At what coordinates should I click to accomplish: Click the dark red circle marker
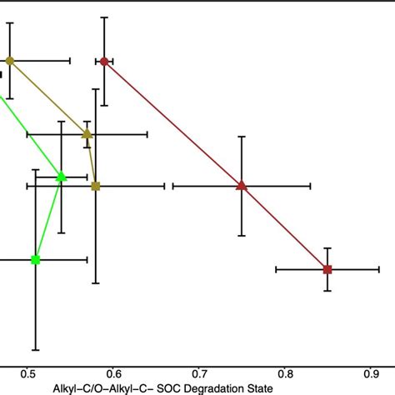(104, 61)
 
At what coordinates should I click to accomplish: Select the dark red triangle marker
(242, 185)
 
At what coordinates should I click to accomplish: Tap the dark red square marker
(327, 269)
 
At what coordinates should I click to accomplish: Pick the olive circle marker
(10, 61)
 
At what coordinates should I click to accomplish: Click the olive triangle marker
(87, 133)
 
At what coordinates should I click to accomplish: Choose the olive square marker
(96, 186)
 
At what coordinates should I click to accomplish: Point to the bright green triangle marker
(61, 176)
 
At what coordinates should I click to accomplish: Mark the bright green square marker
(35, 260)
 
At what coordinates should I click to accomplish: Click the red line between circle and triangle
(172, 122)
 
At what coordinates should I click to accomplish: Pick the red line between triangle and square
(284, 227)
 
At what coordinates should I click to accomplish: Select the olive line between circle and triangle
(48, 97)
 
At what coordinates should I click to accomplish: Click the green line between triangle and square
(48, 217)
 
